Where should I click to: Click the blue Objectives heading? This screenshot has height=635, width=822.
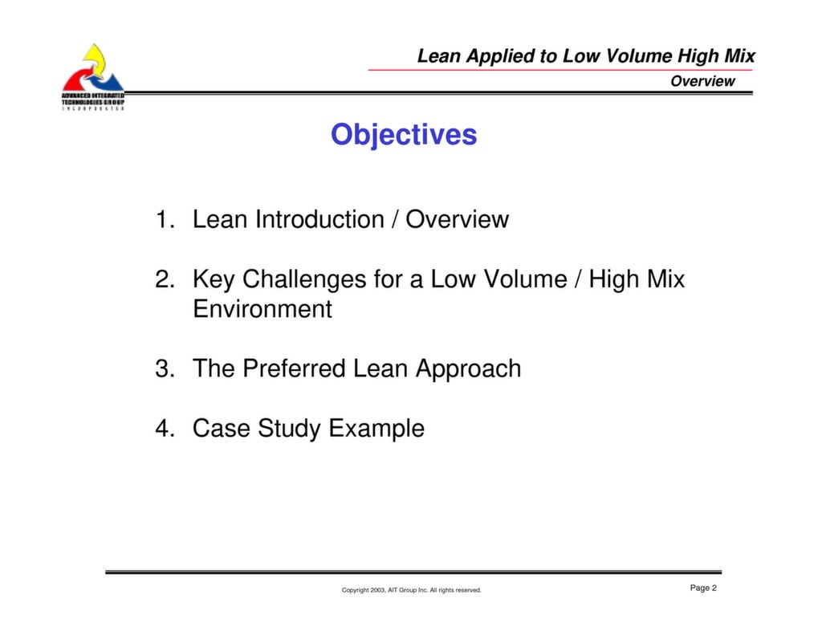(404, 135)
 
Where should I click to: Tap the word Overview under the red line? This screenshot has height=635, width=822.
(702, 81)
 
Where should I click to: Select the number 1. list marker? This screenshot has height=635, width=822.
(165, 220)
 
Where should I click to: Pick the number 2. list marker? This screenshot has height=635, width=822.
(165, 279)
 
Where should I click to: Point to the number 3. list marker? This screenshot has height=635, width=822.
(165, 368)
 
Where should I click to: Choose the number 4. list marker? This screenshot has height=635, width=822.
(165, 429)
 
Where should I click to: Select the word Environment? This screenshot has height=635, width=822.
(262, 309)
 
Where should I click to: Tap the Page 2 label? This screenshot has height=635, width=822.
(703, 588)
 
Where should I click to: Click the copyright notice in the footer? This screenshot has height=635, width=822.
(411, 590)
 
